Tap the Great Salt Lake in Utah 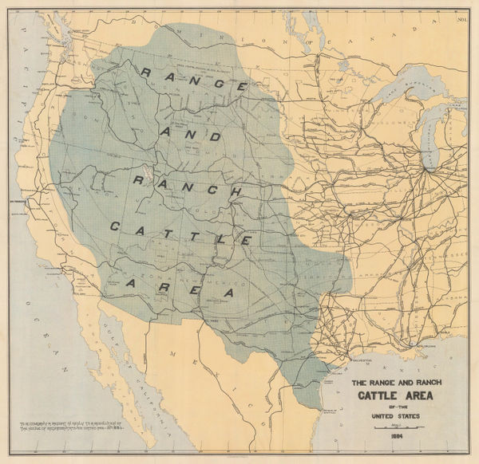(x=148, y=174)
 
